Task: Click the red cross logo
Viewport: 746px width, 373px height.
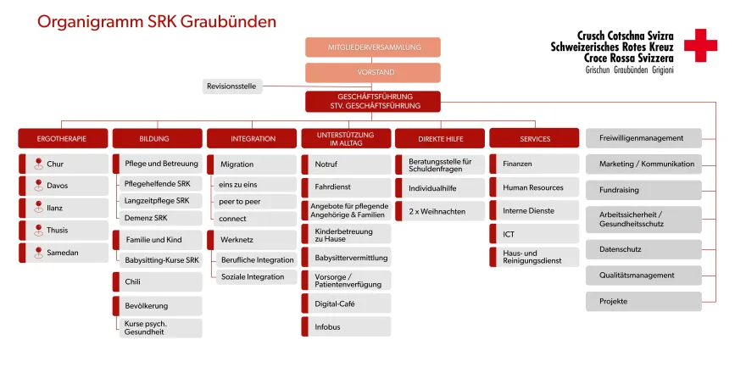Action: [x=700, y=45]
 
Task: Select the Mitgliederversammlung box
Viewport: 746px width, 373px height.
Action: [x=373, y=47]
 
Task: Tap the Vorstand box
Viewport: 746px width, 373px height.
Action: [x=373, y=72]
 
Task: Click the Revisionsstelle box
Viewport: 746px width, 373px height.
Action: [x=232, y=86]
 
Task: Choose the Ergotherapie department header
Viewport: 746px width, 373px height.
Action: [x=64, y=138]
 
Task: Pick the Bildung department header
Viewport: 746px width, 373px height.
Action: [x=158, y=138]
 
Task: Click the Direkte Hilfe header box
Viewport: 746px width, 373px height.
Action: [x=439, y=138]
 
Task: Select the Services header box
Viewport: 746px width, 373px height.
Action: [x=534, y=138]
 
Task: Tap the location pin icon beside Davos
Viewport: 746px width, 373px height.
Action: [x=37, y=186]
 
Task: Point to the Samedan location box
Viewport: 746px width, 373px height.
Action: [x=64, y=252]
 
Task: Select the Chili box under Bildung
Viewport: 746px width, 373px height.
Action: [x=158, y=282]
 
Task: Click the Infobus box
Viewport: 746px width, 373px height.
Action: [x=346, y=326]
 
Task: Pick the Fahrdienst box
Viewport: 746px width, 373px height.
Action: [x=346, y=186]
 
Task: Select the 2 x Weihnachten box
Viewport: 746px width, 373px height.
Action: [x=441, y=211]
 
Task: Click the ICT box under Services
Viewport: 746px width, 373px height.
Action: [x=534, y=233]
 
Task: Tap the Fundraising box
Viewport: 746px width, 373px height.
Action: [x=644, y=190]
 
